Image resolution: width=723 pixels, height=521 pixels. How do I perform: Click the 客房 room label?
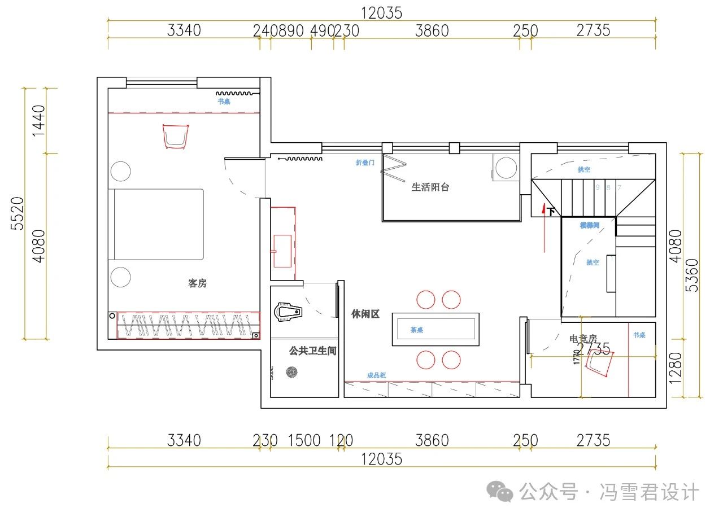[x=197, y=283]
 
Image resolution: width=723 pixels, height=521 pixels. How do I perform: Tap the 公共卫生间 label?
[x=312, y=351]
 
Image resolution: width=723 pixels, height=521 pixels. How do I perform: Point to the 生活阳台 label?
[x=430, y=187]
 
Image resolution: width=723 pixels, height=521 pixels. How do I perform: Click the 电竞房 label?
[x=583, y=339]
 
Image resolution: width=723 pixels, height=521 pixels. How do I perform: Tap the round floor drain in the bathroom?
[x=291, y=372]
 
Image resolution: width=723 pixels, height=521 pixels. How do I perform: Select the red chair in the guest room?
[x=175, y=136]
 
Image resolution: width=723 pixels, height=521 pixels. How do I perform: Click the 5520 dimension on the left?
[x=18, y=213]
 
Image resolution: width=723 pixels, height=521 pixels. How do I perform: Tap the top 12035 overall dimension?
[x=382, y=13]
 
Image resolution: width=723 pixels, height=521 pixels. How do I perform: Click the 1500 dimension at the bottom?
[x=304, y=440]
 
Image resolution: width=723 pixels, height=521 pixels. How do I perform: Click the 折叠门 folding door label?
[x=365, y=163]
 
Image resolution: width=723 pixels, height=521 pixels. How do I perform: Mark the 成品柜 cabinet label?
[x=376, y=375]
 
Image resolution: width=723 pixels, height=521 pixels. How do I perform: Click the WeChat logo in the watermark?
[x=500, y=492]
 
